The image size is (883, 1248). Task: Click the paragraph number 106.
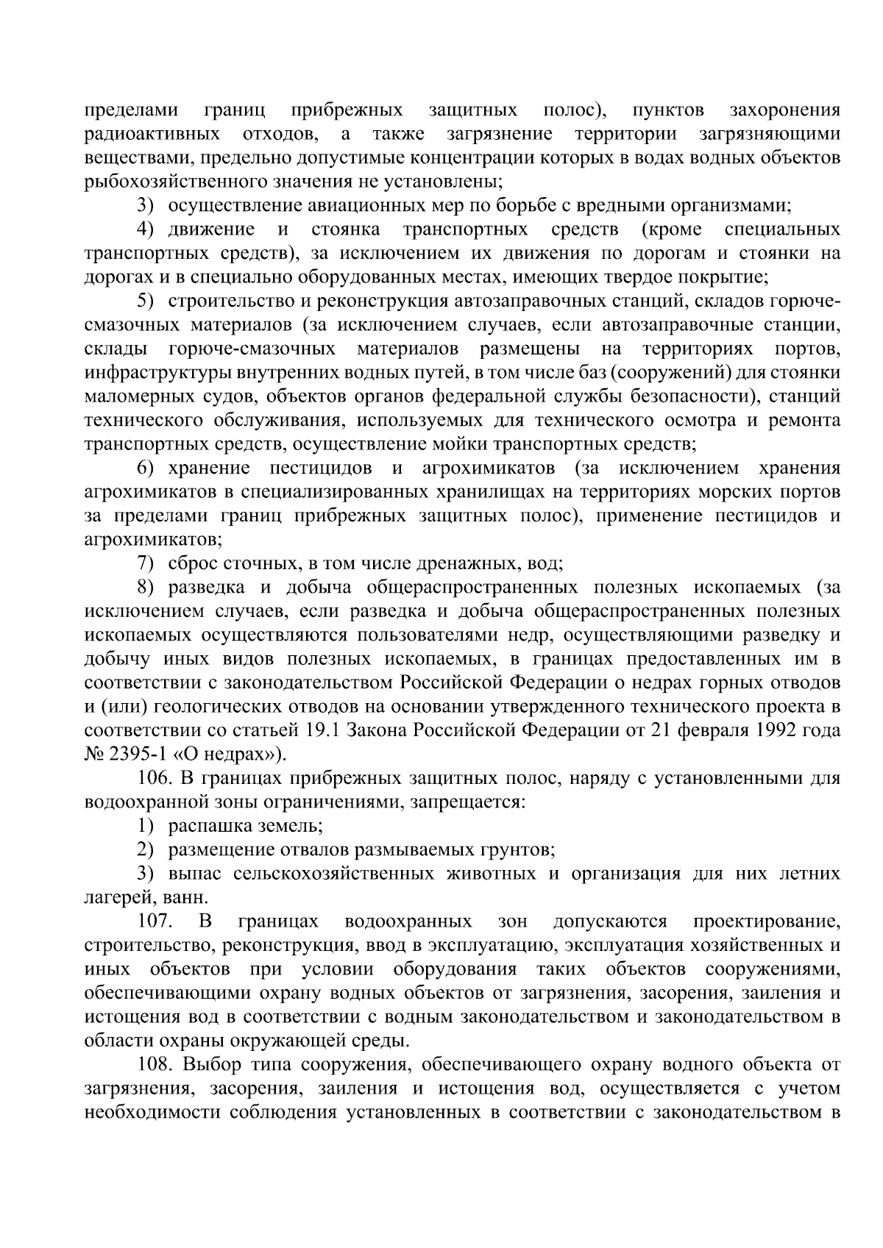click(153, 778)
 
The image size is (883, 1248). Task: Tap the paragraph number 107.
click(153, 921)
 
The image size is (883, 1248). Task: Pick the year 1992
click(773, 731)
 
